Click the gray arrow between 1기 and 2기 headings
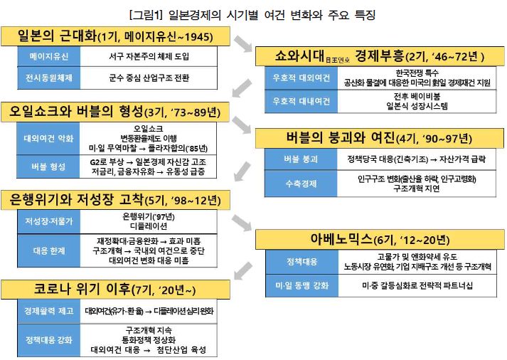pos(243,43)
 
